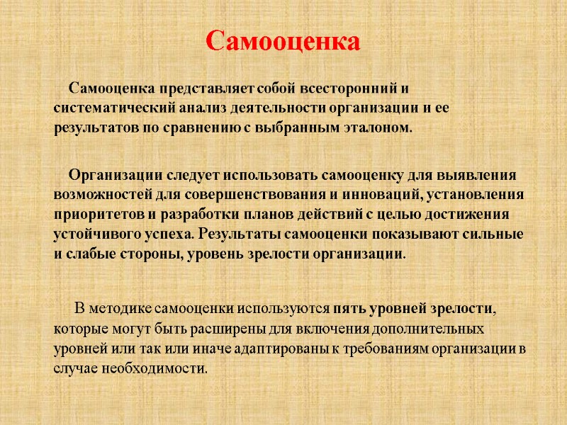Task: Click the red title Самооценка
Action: point(283,41)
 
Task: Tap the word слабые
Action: point(89,254)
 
